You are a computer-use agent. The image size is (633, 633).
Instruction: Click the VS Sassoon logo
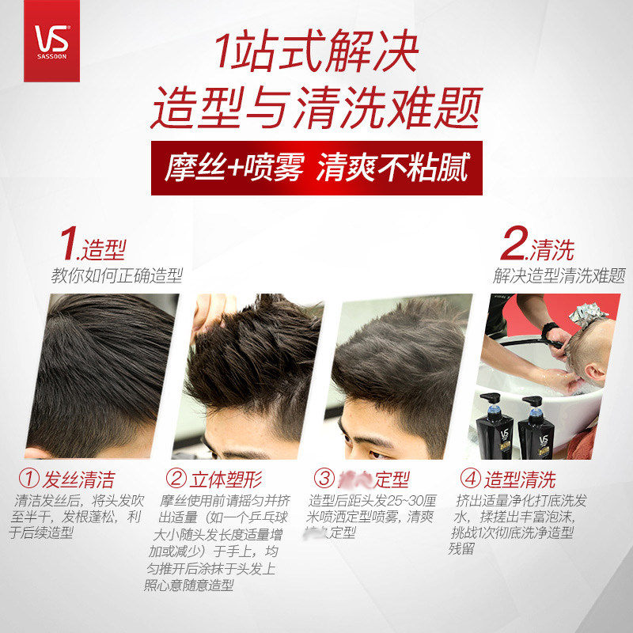pyautogui.click(x=52, y=40)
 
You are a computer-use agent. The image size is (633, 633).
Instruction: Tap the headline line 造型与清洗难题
pyautogui.click(x=316, y=110)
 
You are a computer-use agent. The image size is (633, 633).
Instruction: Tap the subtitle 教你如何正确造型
pyautogui.click(x=117, y=276)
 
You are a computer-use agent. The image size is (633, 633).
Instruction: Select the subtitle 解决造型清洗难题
pyautogui.click(x=559, y=276)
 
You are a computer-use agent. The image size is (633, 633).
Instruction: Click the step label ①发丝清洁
pyautogui.click(x=67, y=479)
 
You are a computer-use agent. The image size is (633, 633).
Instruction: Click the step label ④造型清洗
pyautogui.click(x=509, y=479)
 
